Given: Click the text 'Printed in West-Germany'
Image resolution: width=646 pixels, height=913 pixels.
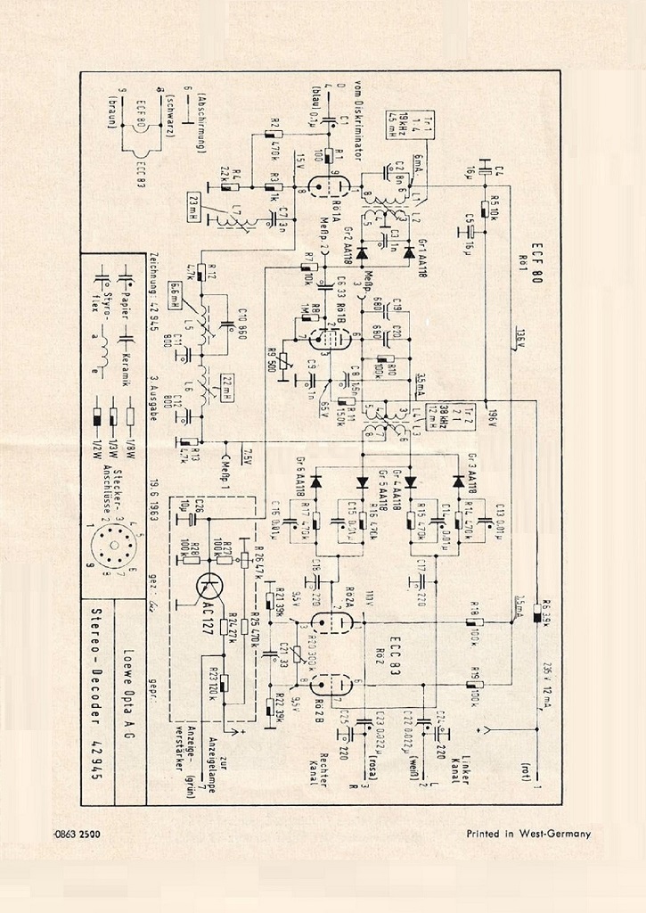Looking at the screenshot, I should tap(529, 834).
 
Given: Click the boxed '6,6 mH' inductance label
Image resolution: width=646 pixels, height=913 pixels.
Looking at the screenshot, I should tap(176, 295).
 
